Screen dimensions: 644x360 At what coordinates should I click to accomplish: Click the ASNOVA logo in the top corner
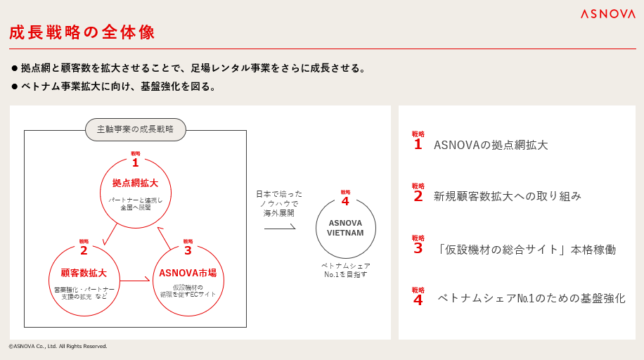point(607,14)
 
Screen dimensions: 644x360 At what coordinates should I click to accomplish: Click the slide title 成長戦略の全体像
point(82,32)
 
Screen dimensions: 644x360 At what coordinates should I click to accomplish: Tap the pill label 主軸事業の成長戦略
point(136,129)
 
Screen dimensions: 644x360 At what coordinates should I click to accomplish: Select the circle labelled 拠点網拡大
point(136,193)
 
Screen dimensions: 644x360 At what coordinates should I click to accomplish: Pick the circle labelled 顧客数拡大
point(84,280)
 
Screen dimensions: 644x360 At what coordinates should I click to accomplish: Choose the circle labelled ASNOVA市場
point(188,280)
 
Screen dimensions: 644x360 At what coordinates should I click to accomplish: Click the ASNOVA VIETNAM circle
point(345,228)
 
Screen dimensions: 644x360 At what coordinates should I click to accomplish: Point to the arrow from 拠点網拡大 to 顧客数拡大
point(110,234)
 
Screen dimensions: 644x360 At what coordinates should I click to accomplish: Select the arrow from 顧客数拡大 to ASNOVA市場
point(135,281)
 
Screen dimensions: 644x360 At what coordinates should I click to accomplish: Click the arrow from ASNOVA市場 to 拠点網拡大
point(164,238)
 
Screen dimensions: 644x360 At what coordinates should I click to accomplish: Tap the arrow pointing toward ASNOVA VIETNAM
point(280,229)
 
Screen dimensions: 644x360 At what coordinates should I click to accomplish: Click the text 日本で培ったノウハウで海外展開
point(279,203)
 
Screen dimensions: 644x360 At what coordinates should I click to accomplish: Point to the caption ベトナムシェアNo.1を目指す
point(346,270)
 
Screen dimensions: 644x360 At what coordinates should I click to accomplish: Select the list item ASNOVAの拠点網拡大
point(491,146)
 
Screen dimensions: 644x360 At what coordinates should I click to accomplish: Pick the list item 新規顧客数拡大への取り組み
point(508,196)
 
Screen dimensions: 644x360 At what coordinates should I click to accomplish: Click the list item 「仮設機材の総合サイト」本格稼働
point(524,250)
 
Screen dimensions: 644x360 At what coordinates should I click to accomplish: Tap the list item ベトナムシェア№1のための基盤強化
point(531,298)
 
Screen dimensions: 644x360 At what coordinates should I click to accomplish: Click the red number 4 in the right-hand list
point(418,300)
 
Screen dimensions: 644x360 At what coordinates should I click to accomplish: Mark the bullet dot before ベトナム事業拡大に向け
point(15,86)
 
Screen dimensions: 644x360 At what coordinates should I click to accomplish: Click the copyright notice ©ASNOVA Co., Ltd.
point(58,346)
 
